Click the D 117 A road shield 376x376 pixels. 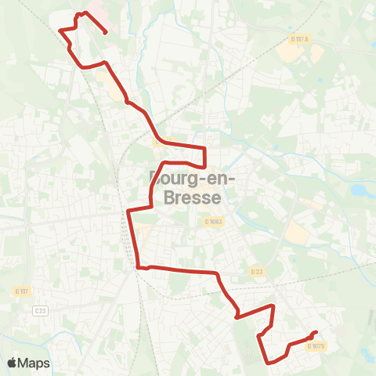tap(299, 39)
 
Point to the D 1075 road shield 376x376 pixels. tap(316, 345)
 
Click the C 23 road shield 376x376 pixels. tap(41, 311)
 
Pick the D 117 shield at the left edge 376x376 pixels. tap(21, 291)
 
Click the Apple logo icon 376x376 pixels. tap(13, 363)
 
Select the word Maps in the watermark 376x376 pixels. tap(34, 363)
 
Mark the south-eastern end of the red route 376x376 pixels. tap(315, 332)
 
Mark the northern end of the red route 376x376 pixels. tap(106, 32)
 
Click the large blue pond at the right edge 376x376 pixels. tap(360, 189)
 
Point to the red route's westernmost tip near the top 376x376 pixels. tap(60, 30)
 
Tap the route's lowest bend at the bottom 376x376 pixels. tap(270, 363)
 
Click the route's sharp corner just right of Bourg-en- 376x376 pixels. tap(205, 166)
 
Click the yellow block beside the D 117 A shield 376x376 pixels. tap(316, 54)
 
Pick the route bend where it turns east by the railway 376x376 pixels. tap(139, 267)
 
